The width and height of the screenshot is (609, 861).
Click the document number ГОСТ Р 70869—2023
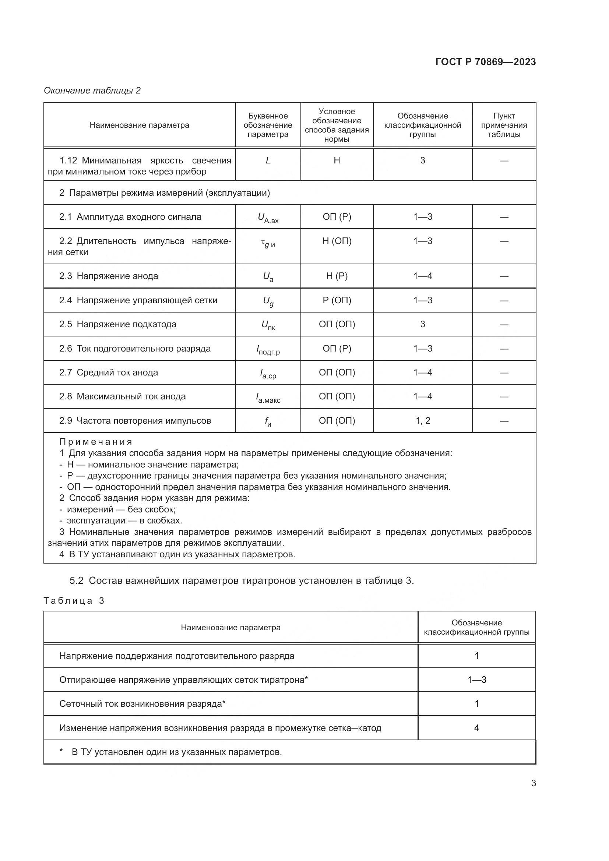486,62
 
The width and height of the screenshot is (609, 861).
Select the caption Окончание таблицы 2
92,91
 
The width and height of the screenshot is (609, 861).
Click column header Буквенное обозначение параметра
268,125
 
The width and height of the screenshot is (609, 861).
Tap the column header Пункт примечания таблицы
504,125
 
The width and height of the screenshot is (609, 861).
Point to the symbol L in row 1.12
268,160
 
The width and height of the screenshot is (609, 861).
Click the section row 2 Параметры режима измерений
164,193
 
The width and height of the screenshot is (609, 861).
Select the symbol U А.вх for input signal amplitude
268,218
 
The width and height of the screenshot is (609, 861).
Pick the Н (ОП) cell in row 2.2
337,241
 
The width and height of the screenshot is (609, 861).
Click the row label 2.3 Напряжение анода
108,276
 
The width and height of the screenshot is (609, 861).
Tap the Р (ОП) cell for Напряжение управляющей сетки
337,300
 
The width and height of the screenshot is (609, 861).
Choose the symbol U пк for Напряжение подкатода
268,325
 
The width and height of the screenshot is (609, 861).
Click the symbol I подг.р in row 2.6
268,349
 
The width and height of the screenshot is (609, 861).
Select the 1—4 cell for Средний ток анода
423,373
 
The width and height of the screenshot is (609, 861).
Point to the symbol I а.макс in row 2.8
268,398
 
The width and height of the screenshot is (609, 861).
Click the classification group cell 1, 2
423,421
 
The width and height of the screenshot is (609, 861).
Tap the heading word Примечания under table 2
96,442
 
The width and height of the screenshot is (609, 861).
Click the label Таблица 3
74,601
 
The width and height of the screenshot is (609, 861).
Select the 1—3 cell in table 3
476,680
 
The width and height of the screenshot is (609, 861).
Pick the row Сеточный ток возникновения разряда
142,703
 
